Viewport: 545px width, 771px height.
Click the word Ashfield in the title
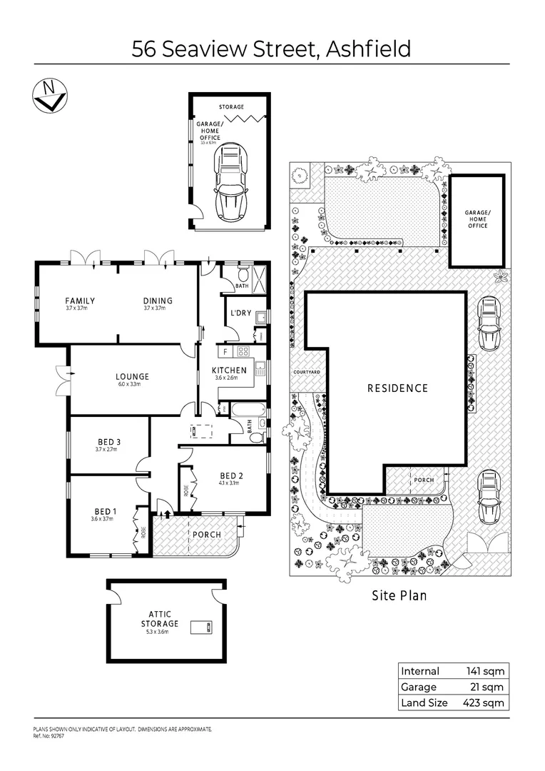[x=368, y=49]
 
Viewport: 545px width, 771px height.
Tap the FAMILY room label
[x=80, y=301]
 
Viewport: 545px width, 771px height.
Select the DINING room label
[x=158, y=301]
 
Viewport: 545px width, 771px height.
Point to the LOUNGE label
[x=132, y=376]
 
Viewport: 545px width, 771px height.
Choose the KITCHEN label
[x=229, y=370]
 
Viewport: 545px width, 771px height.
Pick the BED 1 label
[x=103, y=511]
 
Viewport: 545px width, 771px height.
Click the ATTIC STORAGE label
[x=163, y=618]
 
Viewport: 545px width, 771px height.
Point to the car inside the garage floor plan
[x=230, y=181]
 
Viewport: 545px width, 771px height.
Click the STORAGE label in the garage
[x=231, y=107]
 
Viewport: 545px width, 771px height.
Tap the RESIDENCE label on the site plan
[x=397, y=388]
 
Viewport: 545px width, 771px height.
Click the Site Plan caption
[x=399, y=595]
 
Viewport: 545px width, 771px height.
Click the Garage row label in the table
[x=419, y=687]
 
